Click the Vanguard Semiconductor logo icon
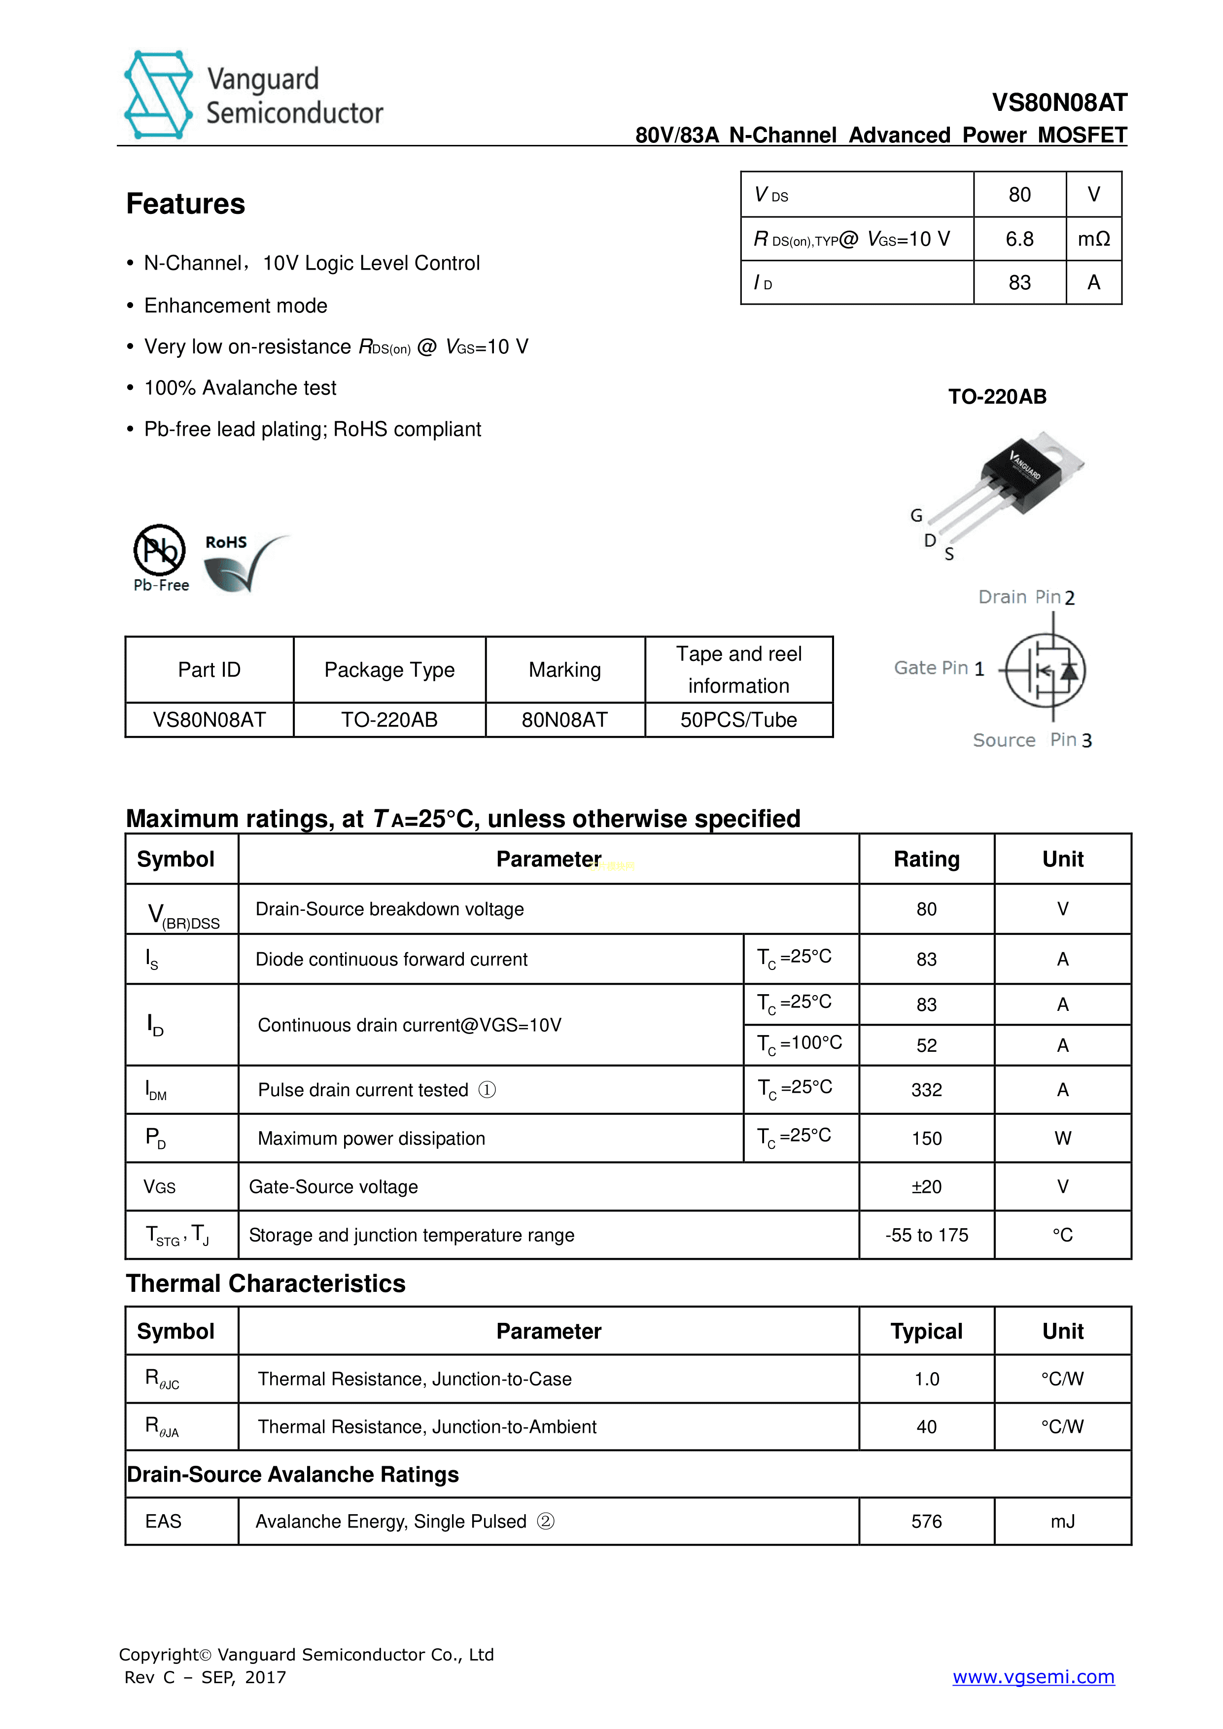click(x=158, y=95)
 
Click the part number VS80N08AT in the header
click(x=1059, y=103)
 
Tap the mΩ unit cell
click(x=1093, y=240)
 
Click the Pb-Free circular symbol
click(x=160, y=551)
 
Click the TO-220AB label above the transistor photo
click(x=997, y=397)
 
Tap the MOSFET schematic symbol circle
click(x=1045, y=669)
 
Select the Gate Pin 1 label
click(x=939, y=668)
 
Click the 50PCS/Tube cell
click(x=738, y=720)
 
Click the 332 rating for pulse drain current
click(x=926, y=1090)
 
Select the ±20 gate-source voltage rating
click(x=926, y=1187)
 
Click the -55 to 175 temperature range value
click(x=926, y=1235)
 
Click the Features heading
click(x=186, y=204)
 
